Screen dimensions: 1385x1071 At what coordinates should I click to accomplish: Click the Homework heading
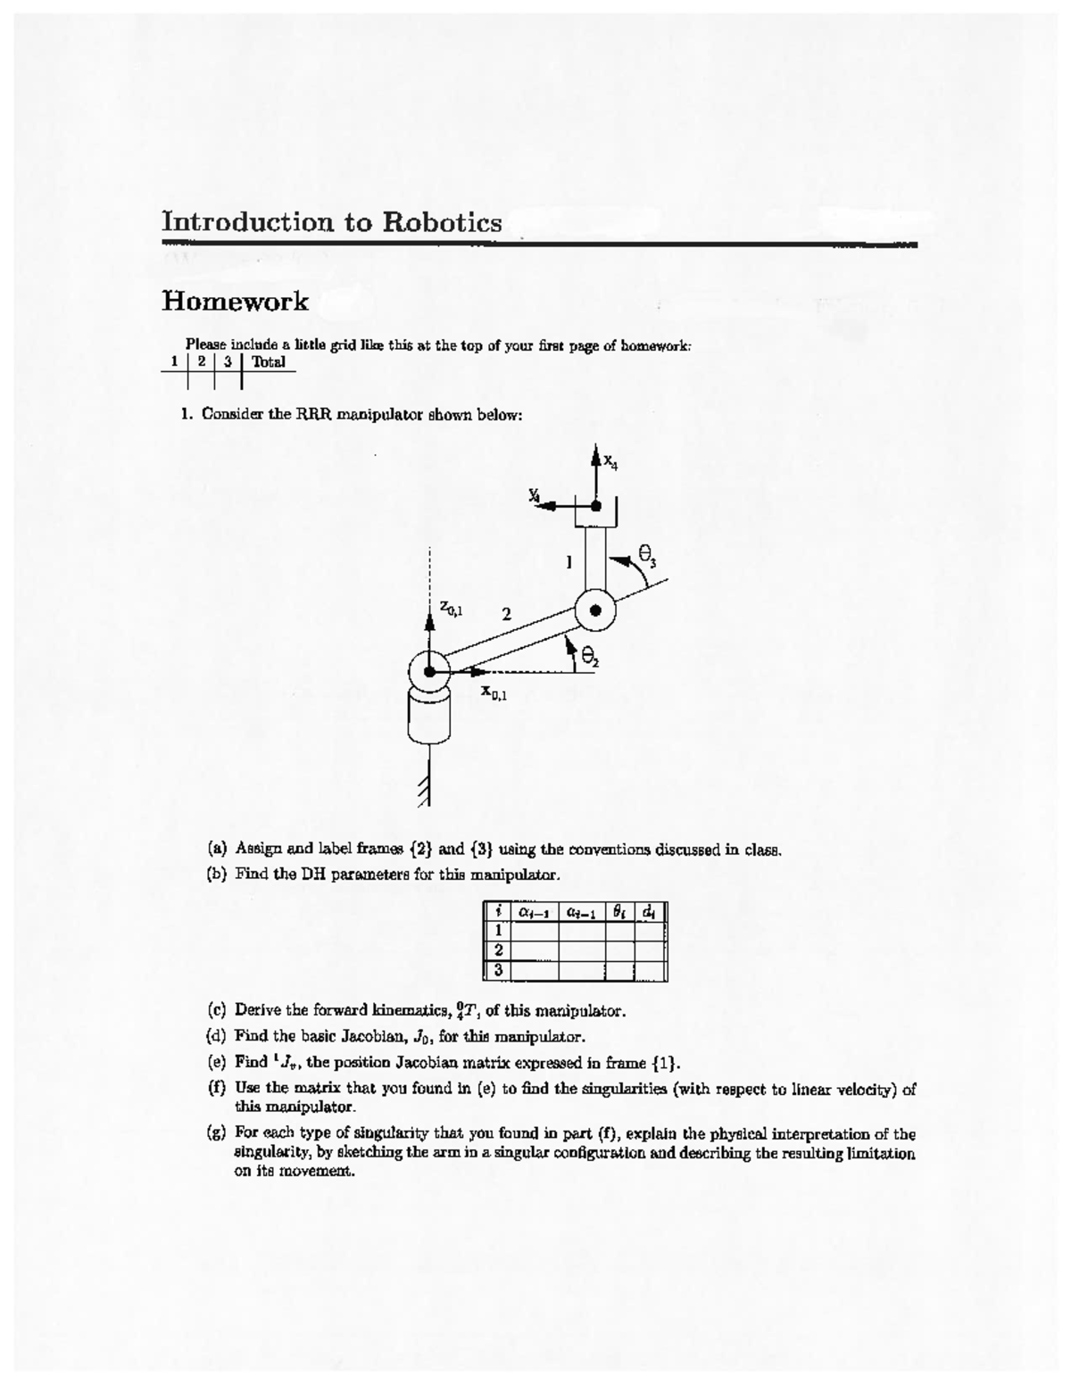[x=235, y=302]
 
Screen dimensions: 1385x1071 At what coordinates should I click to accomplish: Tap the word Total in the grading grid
[x=269, y=362]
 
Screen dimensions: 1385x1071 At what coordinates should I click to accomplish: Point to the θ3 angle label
[x=647, y=555]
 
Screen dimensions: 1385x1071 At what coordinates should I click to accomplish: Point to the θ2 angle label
[x=590, y=658]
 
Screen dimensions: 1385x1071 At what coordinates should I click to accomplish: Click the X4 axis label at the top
[x=610, y=461]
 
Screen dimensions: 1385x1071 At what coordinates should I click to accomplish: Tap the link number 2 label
[x=506, y=614]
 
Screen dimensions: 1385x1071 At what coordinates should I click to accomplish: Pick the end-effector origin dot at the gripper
[x=595, y=506]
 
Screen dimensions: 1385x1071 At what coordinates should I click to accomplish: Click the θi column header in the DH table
[x=619, y=912]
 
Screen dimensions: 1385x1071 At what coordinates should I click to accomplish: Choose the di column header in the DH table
[x=650, y=912]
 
